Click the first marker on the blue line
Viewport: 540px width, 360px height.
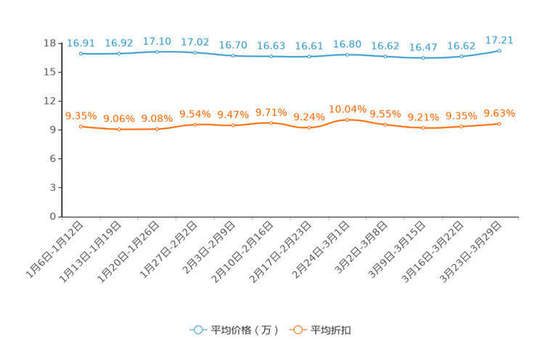[81, 54]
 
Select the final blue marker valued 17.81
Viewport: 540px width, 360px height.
[499, 50]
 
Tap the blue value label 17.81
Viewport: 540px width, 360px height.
[499, 40]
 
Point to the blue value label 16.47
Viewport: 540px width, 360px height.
[423, 48]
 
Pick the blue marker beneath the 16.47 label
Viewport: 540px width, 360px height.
[423, 58]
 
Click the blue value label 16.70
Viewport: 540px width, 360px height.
[233, 45]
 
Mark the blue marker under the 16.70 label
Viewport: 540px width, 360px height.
[233, 55]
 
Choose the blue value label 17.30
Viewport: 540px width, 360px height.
[157, 41]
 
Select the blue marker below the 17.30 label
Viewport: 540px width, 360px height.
[157, 52]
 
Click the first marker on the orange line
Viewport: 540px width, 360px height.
[81, 126]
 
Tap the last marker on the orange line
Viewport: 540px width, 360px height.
[499, 123]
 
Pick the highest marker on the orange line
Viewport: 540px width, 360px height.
[347, 119]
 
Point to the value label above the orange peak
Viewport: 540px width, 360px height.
[347, 109]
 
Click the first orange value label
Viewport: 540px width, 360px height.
[81, 116]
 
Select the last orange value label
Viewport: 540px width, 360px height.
[499, 113]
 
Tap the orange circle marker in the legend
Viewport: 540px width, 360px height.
[297, 330]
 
